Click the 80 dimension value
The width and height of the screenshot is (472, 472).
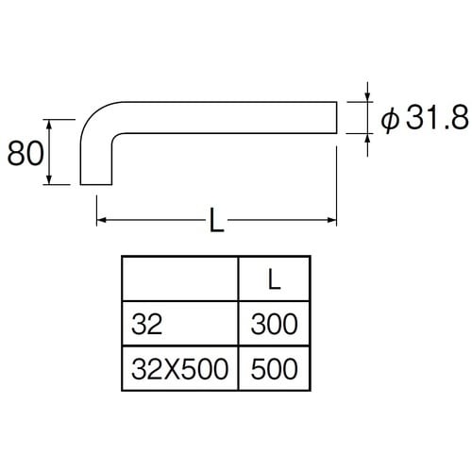25,153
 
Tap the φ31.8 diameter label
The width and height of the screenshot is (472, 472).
425,118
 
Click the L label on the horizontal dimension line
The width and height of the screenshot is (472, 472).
217,220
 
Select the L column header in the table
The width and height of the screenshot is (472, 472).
274,279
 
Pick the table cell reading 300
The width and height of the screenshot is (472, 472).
274,324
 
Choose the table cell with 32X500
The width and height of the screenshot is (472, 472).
179,368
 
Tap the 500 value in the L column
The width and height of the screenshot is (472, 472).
274,368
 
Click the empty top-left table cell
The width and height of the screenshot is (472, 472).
180,278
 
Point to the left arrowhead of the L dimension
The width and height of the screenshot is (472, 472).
101,220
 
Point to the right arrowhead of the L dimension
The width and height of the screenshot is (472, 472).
332,220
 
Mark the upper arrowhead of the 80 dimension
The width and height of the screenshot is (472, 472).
48,125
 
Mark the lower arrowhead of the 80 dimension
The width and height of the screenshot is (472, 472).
48,179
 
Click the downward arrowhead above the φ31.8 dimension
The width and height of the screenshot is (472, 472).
367,97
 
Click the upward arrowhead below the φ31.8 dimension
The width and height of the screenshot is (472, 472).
367,139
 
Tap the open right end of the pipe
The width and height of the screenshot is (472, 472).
336,117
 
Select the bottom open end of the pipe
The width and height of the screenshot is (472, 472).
96,184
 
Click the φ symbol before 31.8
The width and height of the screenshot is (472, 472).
390,120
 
